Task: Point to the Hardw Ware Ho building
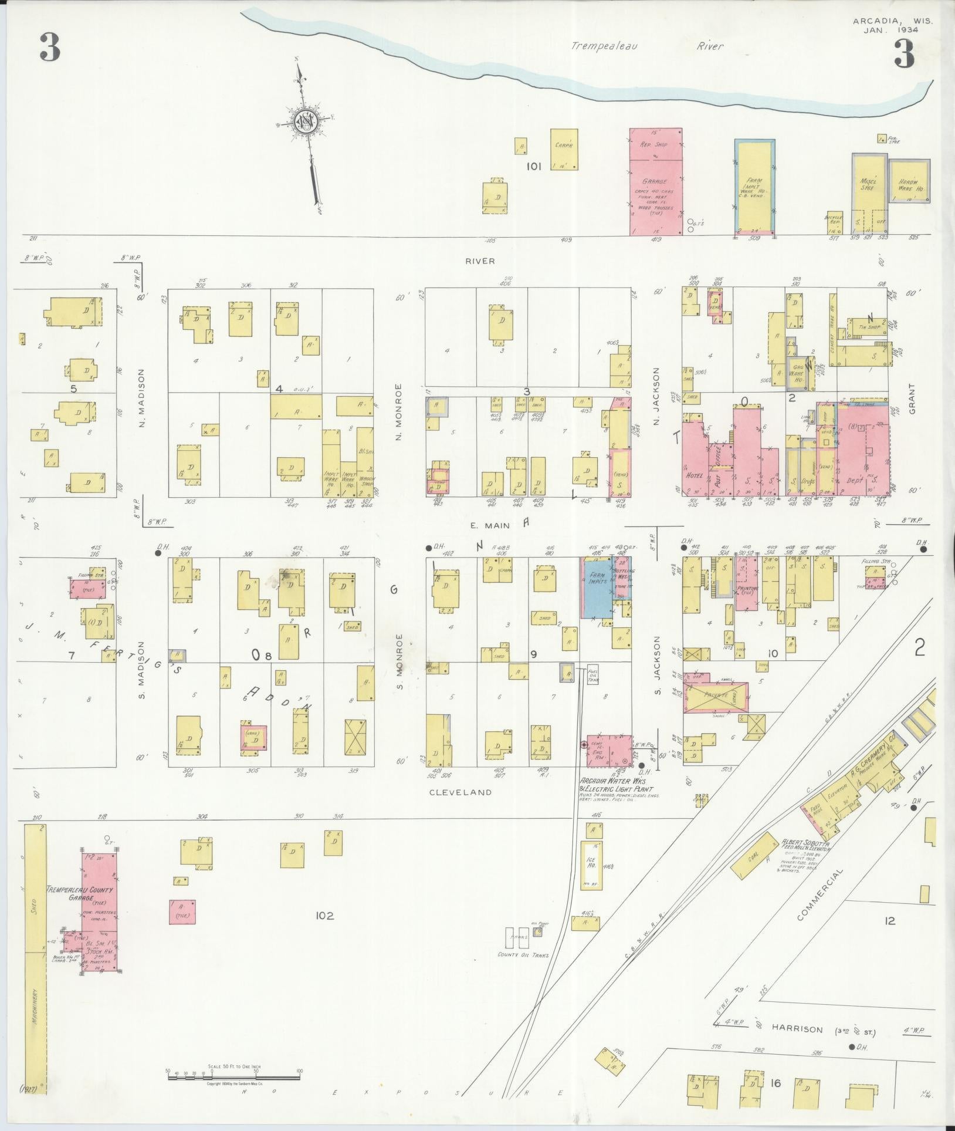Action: (909, 181)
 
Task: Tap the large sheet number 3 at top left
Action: (50, 48)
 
